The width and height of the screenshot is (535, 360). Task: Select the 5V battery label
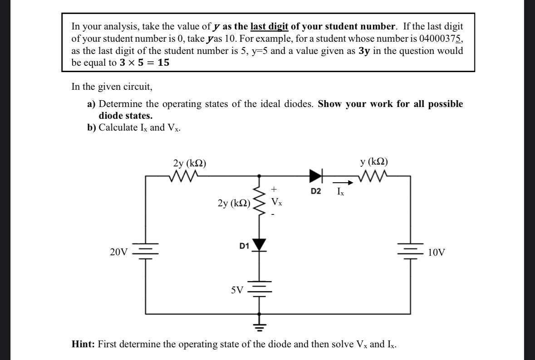pyautogui.click(x=237, y=289)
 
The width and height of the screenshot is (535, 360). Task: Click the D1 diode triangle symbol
pyautogui.click(x=260, y=245)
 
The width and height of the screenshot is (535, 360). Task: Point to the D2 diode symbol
pyautogui.click(x=316, y=175)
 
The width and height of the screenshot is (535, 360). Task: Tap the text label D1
pyautogui.click(x=244, y=246)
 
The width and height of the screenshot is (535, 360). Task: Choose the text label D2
pyautogui.click(x=316, y=192)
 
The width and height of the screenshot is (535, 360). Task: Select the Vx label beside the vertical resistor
pyautogui.click(x=276, y=201)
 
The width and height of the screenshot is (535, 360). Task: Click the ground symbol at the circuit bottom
pyautogui.click(x=259, y=325)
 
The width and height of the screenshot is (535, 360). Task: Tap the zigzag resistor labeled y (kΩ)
pyautogui.click(x=373, y=175)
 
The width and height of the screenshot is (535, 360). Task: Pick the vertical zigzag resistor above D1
pyautogui.click(x=259, y=202)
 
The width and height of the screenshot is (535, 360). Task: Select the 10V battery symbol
pyautogui.click(x=411, y=251)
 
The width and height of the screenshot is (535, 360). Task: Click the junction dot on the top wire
pyautogui.click(x=259, y=175)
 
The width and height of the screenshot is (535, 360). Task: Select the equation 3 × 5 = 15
pyautogui.click(x=145, y=63)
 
